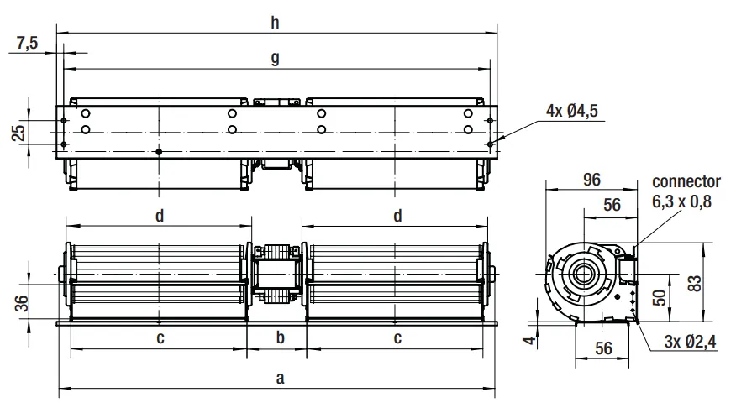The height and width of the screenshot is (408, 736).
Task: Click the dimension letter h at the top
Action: [x=275, y=22]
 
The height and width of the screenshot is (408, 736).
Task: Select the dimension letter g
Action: [x=275, y=59]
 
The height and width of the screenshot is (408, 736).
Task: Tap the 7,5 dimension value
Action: [x=27, y=43]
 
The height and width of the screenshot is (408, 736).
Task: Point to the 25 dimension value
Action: [x=18, y=133]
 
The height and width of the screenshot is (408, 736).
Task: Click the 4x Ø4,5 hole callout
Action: [x=571, y=111]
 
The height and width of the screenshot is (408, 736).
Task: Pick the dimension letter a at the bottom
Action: [x=281, y=378]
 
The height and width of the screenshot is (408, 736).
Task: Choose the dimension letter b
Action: [x=281, y=337]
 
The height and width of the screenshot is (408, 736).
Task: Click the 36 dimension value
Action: [x=22, y=303]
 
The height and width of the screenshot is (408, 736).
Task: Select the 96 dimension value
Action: [x=591, y=179]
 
